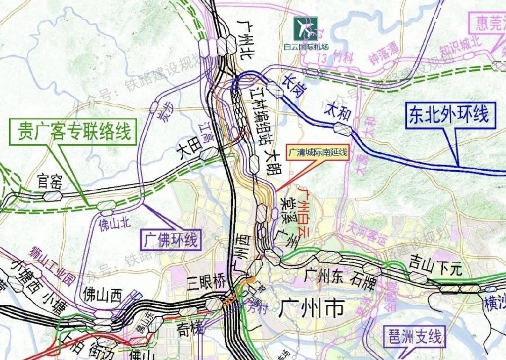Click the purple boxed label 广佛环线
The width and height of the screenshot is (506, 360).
[x=170, y=239]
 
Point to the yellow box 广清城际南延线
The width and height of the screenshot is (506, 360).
[x=318, y=152]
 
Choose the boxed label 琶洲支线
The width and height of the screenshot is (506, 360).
[x=414, y=337]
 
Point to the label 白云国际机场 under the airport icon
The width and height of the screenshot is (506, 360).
[x=306, y=47]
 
